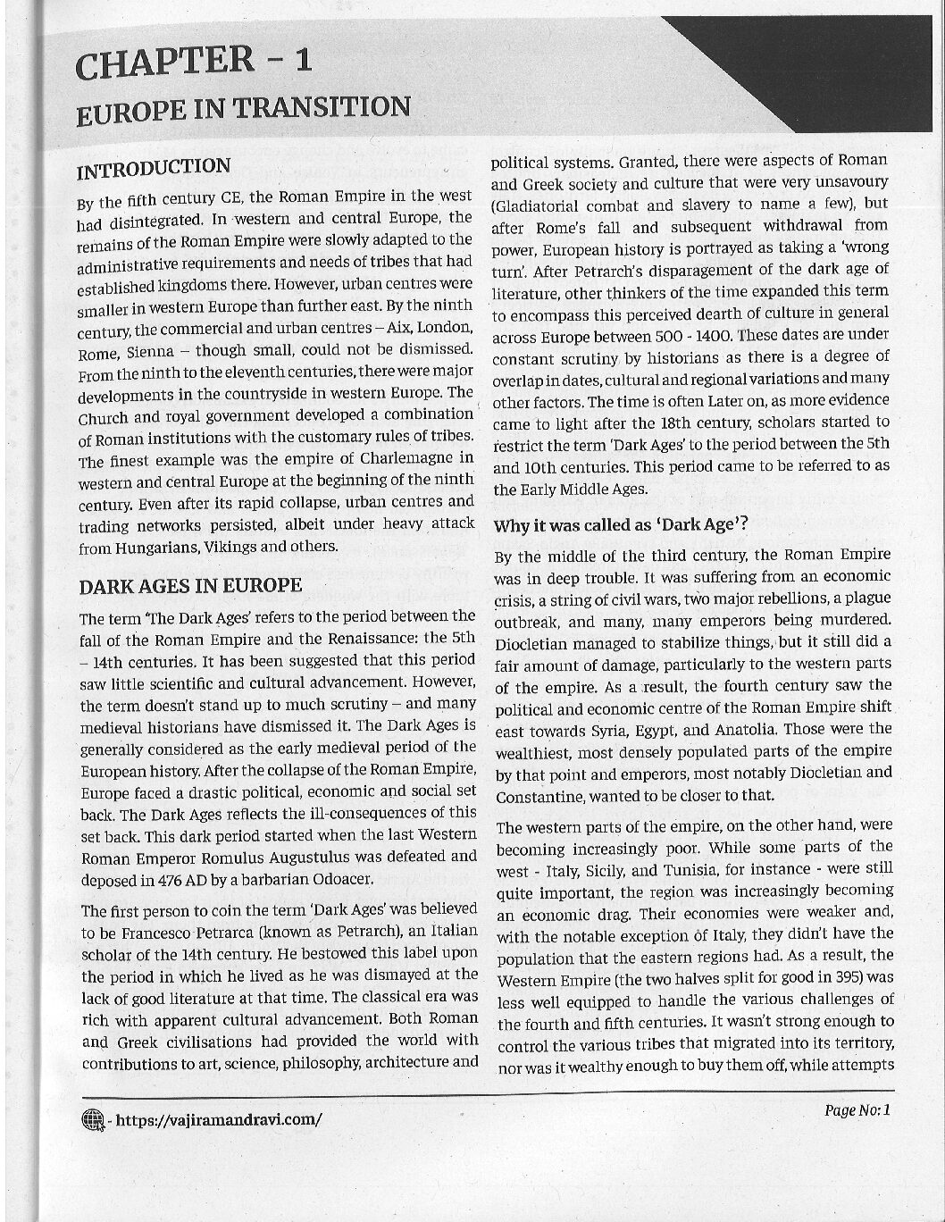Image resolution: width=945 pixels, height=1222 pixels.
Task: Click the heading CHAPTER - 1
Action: coord(194,63)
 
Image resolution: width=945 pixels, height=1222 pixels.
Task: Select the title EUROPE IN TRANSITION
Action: coord(243,110)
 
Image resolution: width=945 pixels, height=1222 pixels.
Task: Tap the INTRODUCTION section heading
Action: coord(154,168)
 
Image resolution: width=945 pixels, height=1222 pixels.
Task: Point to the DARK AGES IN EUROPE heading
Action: coord(190,586)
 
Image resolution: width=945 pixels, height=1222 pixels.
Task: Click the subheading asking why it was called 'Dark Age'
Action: coord(620,524)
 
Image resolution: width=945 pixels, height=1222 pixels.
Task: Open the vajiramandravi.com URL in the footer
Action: coord(219,1119)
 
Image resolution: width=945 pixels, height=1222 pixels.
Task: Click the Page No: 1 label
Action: coord(857,1110)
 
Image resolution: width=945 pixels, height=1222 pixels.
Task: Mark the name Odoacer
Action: coord(339,878)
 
